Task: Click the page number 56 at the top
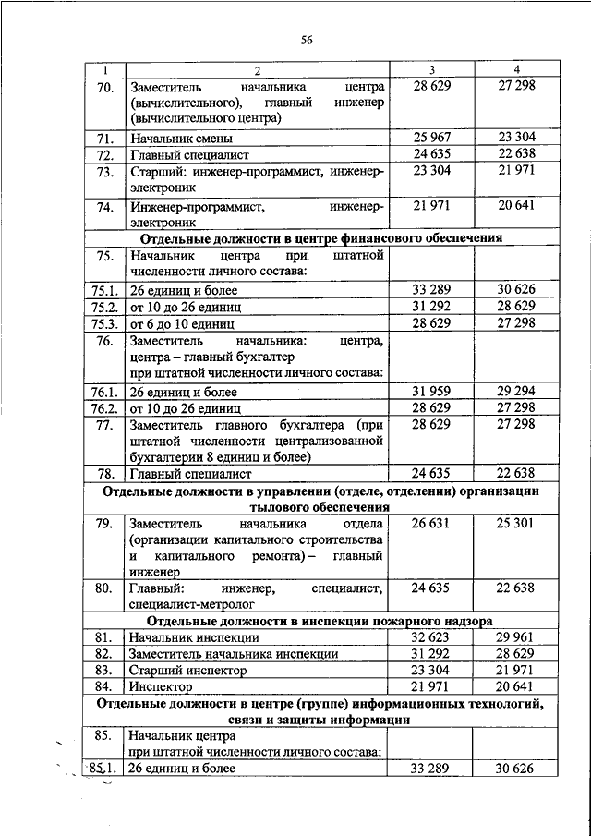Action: click(x=308, y=39)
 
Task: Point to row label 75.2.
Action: click(x=103, y=307)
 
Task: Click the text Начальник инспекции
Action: click(x=194, y=637)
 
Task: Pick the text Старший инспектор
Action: click(x=189, y=671)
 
